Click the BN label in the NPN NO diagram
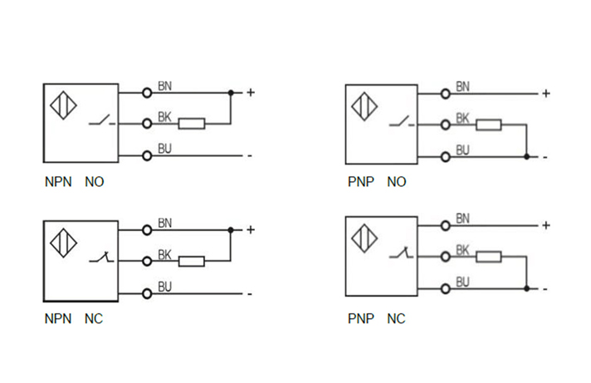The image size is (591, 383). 164,85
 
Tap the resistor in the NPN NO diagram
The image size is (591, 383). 192,124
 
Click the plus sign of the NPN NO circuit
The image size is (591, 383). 250,92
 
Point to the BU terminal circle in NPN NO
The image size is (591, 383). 147,155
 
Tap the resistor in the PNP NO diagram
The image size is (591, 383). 488,125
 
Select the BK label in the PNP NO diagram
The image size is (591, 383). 462,119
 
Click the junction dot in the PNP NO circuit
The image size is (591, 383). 526,156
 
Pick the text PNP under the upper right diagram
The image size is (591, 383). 361,181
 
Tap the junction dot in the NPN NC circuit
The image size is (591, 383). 231,229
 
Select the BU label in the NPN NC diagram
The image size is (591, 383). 164,287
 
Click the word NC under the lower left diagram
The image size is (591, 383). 94,318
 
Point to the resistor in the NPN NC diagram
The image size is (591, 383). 192,261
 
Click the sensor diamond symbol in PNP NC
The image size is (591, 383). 364,239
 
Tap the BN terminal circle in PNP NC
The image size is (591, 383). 446,225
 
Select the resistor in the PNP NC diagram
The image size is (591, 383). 488,256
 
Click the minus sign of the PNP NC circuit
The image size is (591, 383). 545,288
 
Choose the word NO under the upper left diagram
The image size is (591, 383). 95,181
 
